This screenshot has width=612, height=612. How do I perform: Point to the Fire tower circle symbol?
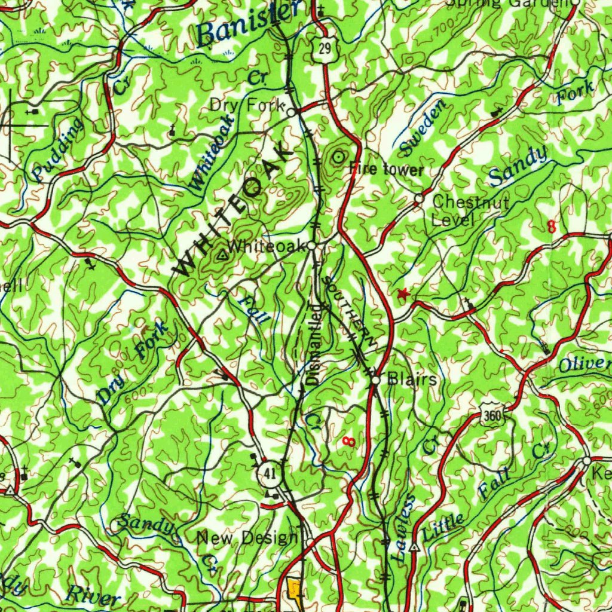[339, 157]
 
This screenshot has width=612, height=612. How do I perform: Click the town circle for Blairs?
[375, 379]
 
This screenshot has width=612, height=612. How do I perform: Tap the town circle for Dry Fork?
[291, 112]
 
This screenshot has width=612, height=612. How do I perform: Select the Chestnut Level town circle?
[419, 198]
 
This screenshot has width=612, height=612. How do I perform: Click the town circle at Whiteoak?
[312, 246]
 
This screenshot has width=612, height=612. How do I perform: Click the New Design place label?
[246, 538]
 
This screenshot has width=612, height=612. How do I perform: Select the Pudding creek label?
[58, 149]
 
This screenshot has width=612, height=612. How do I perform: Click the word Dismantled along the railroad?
[314, 344]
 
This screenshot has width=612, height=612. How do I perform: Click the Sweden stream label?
[423, 127]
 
